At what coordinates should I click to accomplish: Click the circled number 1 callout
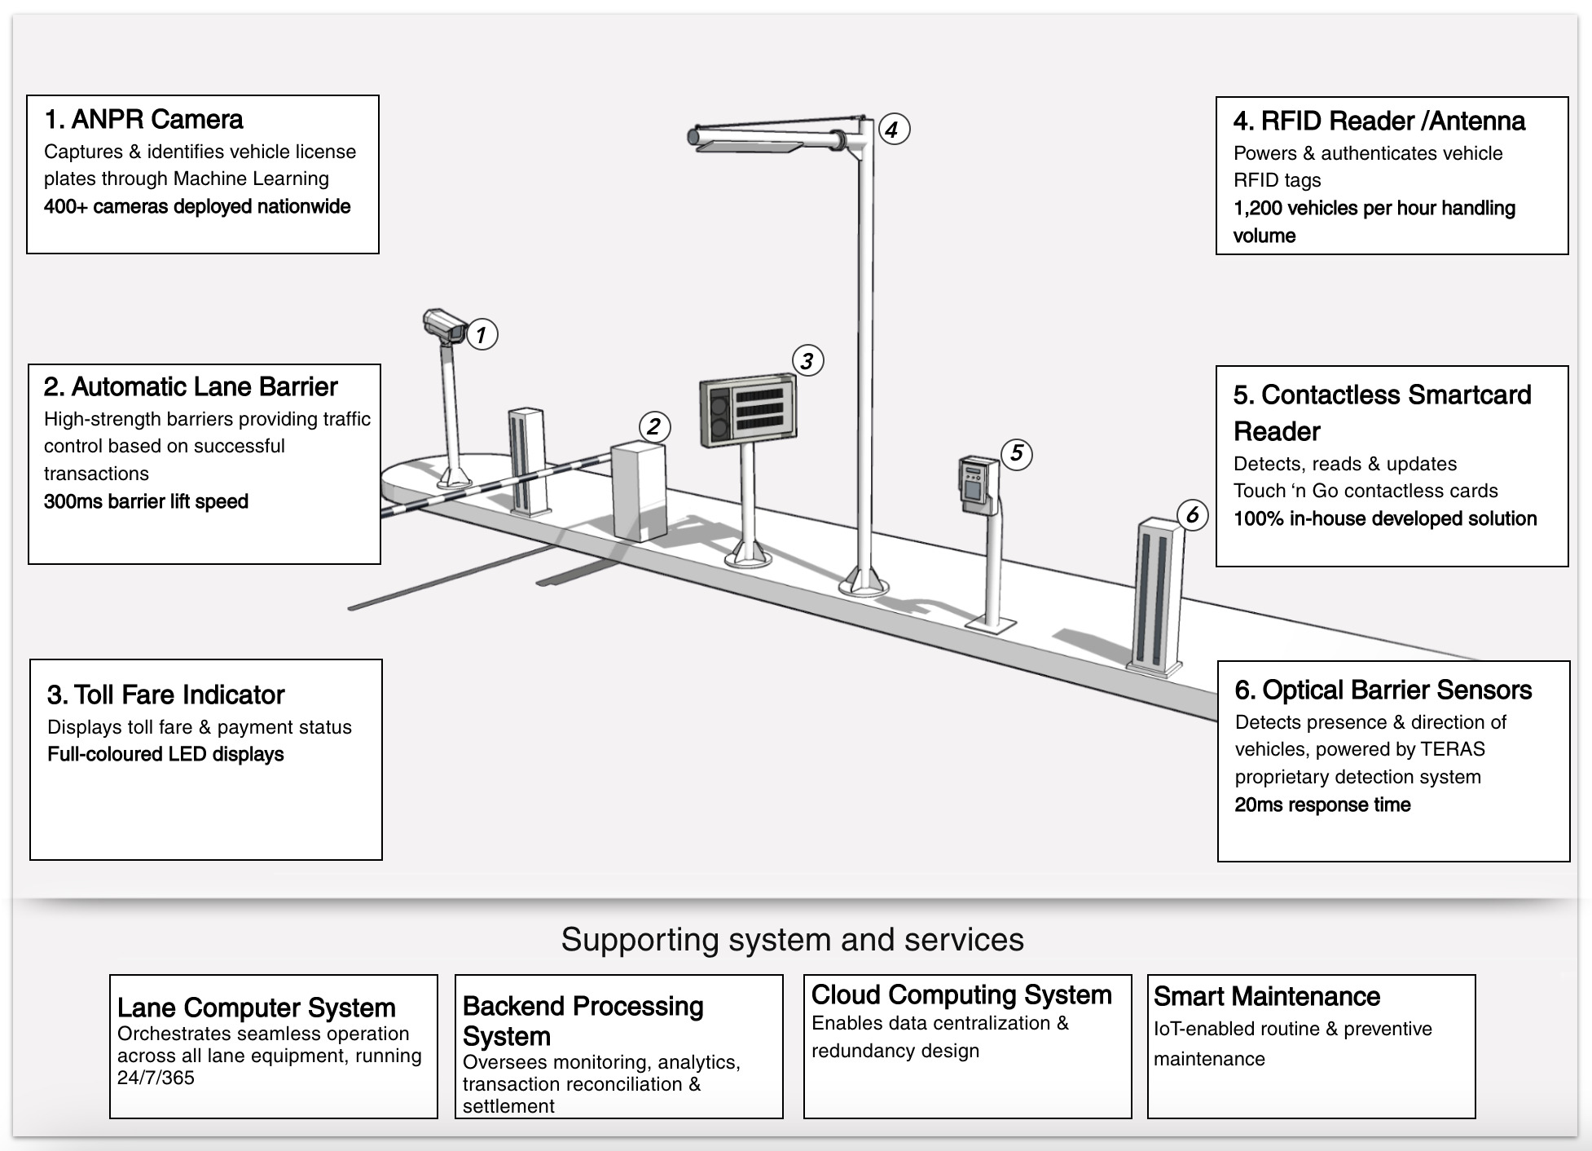pyautogui.click(x=482, y=334)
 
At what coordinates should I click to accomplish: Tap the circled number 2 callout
pyautogui.click(x=653, y=426)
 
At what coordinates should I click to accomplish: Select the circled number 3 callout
pyautogui.click(x=807, y=360)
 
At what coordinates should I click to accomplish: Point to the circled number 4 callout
pyautogui.click(x=893, y=129)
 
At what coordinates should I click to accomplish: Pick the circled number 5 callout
pyautogui.click(x=1016, y=453)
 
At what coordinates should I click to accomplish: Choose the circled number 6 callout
pyautogui.click(x=1193, y=514)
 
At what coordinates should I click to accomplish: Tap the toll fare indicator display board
pyautogui.click(x=748, y=409)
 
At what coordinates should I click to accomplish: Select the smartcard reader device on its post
pyautogui.click(x=978, y=484)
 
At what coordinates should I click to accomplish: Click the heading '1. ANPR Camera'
pyautogui.click(x=144, y=120)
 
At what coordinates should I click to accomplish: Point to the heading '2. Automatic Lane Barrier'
pyautogui.click(x=191, y=386)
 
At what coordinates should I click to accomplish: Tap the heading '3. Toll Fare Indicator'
pyautogui.click(x=166, y=695)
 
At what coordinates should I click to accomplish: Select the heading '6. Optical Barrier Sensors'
pyautogui.click(x=1383, y=690)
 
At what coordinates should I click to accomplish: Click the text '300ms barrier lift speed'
pyautogui.click(x=147, y=501)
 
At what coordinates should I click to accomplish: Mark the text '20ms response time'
pyautogui.click(x=1322, y=805)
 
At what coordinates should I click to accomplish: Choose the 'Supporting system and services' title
pyautogui.click(x=792, y=939)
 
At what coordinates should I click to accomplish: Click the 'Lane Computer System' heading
pyautogui.click(x=257, y=1008)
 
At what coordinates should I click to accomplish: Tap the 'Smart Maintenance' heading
pyautogui.click(x=1267, y=996)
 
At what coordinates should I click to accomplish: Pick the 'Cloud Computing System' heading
pyautogui.click(x=961, y=994)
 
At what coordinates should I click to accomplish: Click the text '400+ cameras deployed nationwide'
pyautogui.click(x=197, y=206)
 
